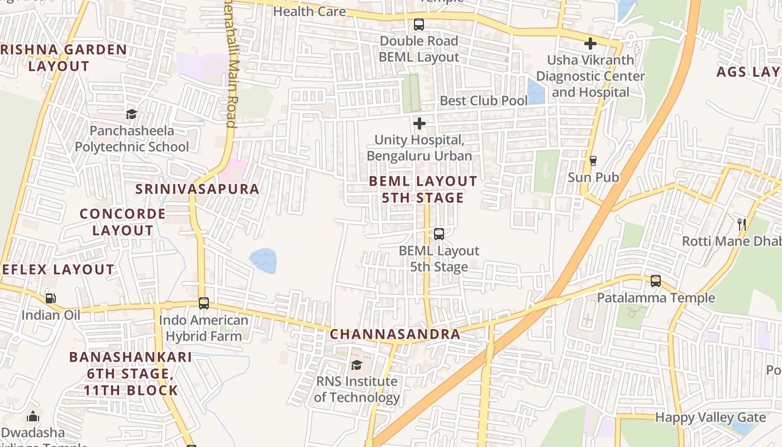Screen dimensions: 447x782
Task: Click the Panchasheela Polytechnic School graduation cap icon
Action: point(131,115)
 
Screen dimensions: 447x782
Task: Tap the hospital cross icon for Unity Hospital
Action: point(419,123)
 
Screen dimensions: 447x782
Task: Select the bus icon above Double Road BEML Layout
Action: point(419,25)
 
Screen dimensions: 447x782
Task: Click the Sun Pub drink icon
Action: point(593,161)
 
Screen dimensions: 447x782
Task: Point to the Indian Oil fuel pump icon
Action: point(51,298)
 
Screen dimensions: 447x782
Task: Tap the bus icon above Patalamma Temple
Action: point(656,281)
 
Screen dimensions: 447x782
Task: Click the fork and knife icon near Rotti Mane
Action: point(742,225)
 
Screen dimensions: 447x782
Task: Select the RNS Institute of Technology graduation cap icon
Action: point(356,365)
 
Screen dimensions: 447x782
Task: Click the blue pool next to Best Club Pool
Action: point(536,92)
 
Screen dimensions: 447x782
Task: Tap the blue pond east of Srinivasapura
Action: point(263,261)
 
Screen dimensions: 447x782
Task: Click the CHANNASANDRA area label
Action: point(395,334)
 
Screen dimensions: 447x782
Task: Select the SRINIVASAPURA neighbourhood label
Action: point(197,189)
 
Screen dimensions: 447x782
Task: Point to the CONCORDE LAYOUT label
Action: point(122,222)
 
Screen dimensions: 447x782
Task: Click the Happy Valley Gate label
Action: point(710,417)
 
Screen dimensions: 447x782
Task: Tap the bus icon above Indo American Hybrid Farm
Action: point(204,303)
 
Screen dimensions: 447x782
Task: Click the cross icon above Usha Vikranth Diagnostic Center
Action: point(590,44)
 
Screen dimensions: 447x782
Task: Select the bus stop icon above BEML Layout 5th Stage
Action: point(439,234)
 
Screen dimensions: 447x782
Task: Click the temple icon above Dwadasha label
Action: point(33,417)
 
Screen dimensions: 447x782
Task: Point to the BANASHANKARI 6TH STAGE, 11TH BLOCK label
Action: point(131,373)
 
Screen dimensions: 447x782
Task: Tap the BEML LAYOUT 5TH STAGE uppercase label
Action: point(423,189)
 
